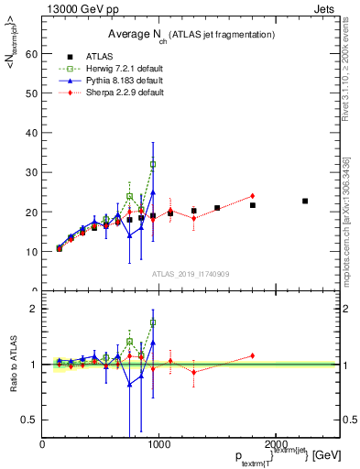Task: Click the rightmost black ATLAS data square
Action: tap(305, 201)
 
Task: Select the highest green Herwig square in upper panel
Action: tap(153, 164)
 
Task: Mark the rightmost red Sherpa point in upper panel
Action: tap(252, 196)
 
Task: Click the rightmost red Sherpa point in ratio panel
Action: tap(252, 355)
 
